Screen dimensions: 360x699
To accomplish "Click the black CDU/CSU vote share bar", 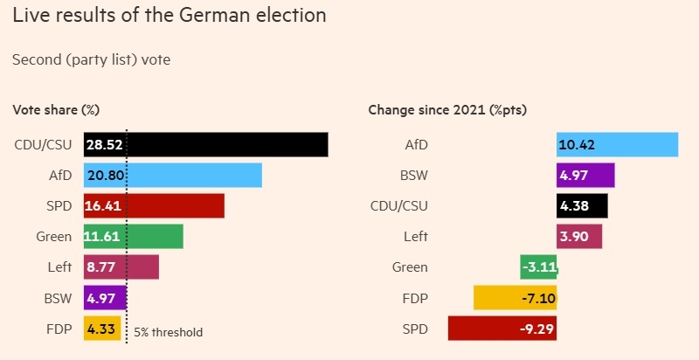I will click(x=205, y=144).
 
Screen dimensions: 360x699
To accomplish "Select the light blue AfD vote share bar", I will click(x=173, y=175).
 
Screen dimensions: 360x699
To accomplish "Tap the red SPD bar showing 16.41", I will click(x=154, y=205).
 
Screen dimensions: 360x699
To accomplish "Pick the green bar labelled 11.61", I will click(x=134, y=236).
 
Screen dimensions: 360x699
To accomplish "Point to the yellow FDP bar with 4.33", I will click(x=102, y=330).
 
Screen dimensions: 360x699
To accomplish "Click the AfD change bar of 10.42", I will click(x=617, y=144).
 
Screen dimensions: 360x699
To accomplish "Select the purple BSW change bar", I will click(x=585, y=175).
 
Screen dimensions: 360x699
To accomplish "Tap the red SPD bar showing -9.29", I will click(x=502, y=329).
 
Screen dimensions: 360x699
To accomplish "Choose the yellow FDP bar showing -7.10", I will click(x=515, y=298).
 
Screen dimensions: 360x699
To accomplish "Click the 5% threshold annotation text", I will click(x=168, y=332).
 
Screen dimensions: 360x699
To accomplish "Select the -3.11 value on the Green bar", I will click(x=540, y=267).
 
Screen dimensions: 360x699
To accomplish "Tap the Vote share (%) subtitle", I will click(x=55, y=110).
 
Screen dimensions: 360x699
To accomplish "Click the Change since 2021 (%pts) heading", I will click(x=446, y=110).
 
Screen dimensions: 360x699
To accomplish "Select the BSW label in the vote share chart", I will click(x=58, y=299).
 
